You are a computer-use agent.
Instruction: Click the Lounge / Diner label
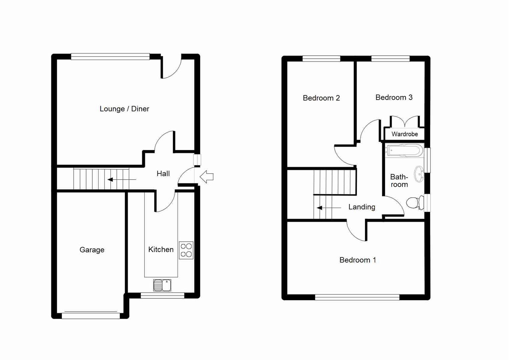(x=124, y=109)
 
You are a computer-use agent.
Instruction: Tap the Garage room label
(x=92, y=250)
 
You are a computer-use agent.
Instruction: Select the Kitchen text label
(x=161, y=249)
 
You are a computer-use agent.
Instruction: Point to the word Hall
(x=163, y=173)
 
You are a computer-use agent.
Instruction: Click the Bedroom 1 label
(x=358, y=260)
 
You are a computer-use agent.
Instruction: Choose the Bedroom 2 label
(x=321, y=98)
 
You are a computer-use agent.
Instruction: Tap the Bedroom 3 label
(x=394, y=97)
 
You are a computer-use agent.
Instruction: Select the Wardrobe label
(x=405, y=134)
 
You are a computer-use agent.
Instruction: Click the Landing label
(x=362, y=207)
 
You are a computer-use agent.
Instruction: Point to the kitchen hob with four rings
(x=186, y=250)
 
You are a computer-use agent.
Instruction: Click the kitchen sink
(x=162, y=285)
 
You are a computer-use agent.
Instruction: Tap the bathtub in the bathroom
(x=404, y=150)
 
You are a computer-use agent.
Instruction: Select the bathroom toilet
(x=414, y=203)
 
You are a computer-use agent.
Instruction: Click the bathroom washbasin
(x=419, y=174)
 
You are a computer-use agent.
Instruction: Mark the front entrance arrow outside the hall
(x=206, y=177)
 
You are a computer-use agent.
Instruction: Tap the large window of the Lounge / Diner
(x=110, y=57)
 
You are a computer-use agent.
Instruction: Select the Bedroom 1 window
(x=357, y=297)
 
